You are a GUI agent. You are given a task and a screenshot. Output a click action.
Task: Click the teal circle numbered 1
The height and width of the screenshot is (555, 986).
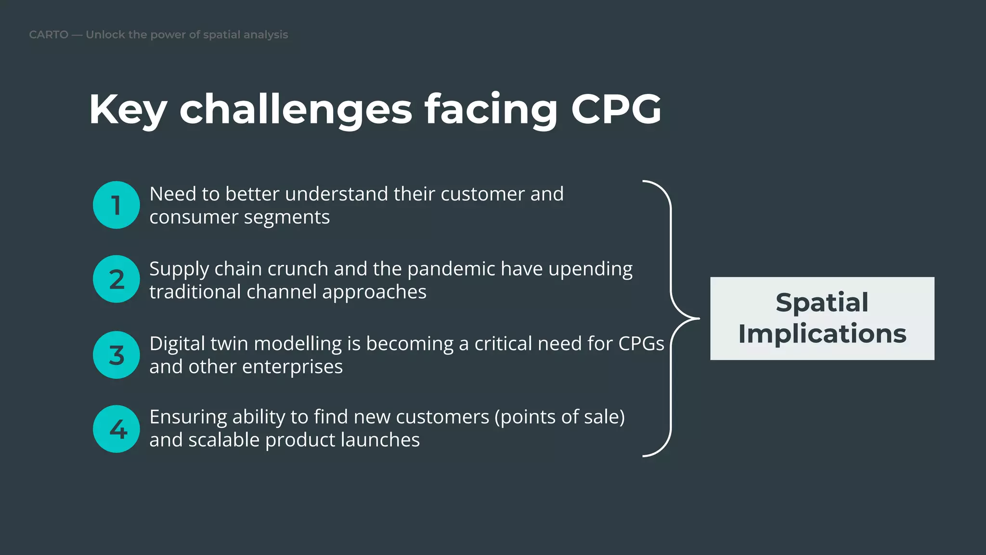coord(116,205)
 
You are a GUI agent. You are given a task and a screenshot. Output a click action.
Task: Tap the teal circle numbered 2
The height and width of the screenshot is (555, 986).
coord(116,279)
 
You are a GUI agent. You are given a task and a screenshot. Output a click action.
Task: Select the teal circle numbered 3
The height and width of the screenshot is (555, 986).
coord(116,355)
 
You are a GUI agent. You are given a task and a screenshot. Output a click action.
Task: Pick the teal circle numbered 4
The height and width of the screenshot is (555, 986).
coord(116,429)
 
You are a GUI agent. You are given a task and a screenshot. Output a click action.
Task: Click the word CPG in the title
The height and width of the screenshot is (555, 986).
coord(616,109)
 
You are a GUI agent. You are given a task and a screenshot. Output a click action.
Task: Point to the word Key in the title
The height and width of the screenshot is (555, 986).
coord(128,109)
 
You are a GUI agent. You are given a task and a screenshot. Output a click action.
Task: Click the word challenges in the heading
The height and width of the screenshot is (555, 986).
coord(296,109)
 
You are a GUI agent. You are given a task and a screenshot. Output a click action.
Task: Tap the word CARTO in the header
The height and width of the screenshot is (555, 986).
coord(49,35)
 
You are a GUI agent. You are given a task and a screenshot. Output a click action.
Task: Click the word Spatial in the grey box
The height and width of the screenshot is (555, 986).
coord(822,303)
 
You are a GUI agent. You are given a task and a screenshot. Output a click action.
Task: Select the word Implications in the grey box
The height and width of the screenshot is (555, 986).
coord(822,334)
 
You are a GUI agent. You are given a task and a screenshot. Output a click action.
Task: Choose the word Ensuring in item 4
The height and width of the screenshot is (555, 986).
coord(188,417)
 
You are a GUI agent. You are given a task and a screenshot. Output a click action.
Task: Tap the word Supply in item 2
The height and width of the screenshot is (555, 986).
coord(179,269)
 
